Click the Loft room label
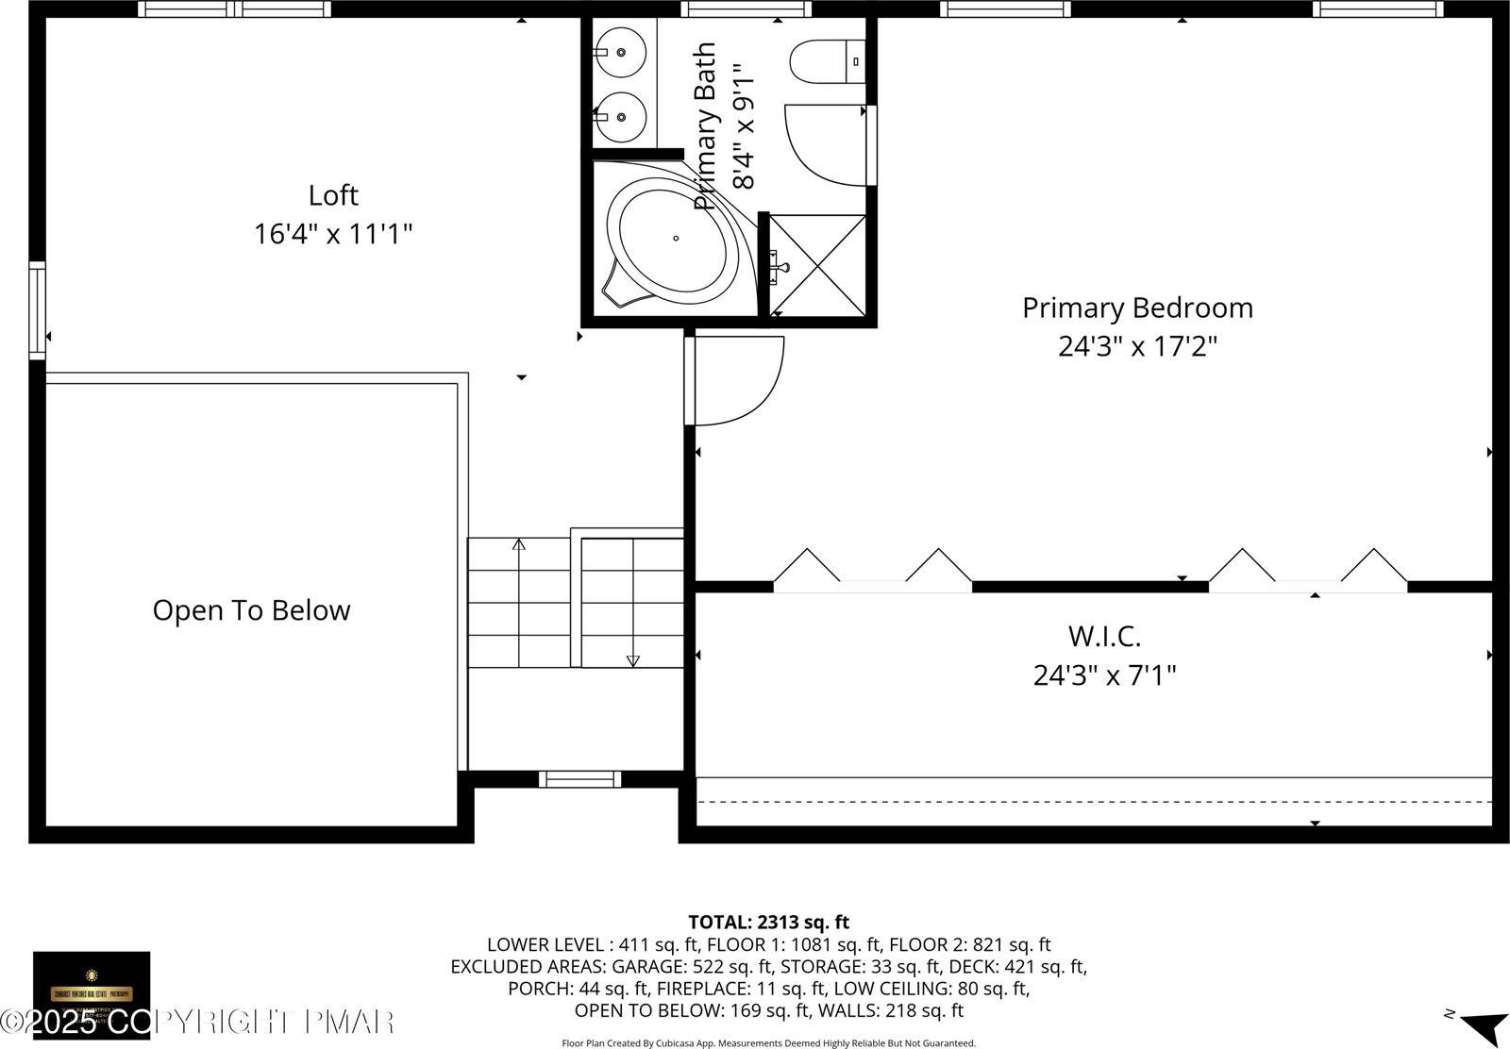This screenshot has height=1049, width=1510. click(333, 195)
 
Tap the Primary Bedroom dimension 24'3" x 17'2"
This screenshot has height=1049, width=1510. click(1137, 346)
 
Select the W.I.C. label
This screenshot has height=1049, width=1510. click(1104, 636)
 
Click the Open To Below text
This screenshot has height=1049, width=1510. click(251, 610)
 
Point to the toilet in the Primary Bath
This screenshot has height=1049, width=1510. click(827, 61)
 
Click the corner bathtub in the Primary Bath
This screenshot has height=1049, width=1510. click(675, 240)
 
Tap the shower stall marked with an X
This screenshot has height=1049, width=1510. click(818, 266)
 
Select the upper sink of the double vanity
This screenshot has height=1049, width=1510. click(620, 53)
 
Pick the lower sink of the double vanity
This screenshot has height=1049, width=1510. click(620, 117)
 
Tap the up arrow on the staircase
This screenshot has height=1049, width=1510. click(518, 545)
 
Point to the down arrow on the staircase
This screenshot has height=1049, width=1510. click(632, 660)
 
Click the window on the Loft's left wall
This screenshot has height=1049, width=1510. click(37, 310)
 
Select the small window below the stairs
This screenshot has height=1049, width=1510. click(579, 779)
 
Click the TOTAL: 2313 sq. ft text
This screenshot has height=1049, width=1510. click(768, 922)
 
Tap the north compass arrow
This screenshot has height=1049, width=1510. click(1486, 1024)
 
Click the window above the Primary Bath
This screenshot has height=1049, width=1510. click(746, 9)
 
